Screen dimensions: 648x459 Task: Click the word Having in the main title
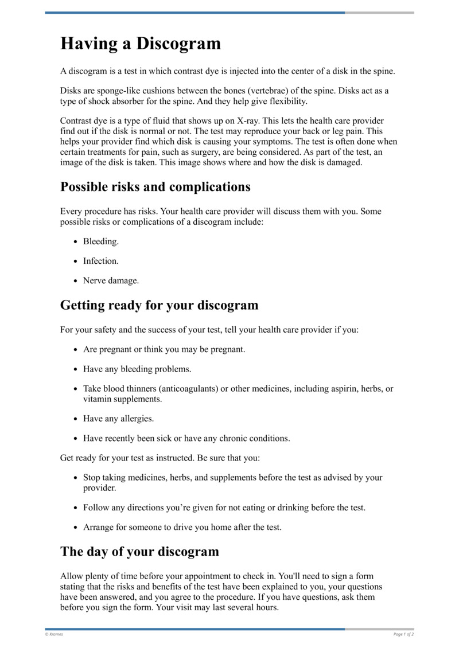89,44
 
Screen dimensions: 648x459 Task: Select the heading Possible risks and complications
155,187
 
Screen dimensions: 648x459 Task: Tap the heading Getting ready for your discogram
159,305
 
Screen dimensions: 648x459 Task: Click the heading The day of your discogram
139,552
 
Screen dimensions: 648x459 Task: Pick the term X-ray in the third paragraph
257,122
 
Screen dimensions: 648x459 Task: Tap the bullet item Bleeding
101,241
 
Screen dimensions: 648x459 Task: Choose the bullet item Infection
101,261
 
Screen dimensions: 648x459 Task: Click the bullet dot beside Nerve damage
76,281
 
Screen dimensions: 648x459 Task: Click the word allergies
137,419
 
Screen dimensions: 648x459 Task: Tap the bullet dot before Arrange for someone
76,528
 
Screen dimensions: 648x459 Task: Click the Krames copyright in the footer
54,634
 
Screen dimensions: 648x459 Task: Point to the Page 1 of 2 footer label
403,634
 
